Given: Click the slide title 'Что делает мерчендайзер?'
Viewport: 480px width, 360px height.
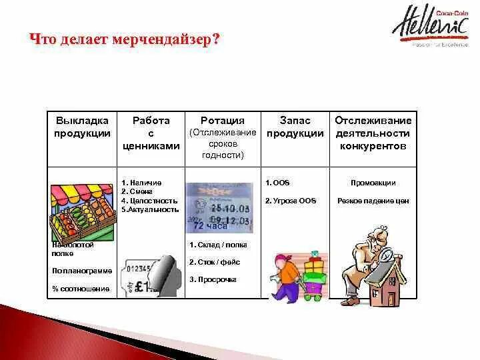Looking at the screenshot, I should click(125, 39).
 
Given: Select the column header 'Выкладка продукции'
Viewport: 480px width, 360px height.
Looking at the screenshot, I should click(82, 127).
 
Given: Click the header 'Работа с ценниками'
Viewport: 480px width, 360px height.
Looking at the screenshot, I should click(151, 133).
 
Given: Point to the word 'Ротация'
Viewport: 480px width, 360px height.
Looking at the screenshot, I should click(223, 121).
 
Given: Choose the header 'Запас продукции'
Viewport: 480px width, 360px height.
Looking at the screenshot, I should click(295, 127).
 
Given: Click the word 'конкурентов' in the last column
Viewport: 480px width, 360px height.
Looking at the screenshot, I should click(373, 146).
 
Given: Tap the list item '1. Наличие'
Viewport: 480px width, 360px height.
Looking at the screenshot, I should click(141, 182).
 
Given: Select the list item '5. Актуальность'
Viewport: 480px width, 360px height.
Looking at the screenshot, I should click(150, 209).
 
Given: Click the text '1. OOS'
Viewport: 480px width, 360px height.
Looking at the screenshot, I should click(277, 183).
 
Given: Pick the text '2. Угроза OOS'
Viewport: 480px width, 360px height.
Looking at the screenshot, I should click(291, 201).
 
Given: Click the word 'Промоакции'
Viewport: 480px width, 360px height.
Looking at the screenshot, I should click(373, 183).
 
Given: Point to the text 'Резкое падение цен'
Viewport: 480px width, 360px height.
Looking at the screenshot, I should click(373, 201).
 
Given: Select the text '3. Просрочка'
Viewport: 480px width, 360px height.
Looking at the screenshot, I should click(213, 279).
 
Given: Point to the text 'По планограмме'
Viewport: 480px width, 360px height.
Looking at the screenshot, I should click(81, 270).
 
